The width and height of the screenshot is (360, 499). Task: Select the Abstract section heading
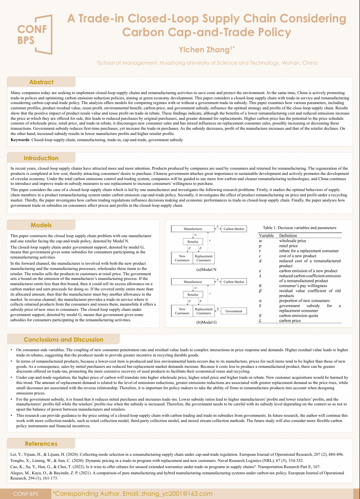[x=41, y=82]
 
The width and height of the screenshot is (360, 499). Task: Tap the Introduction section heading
[x=41, y=158]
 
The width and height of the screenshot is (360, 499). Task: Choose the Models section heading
[x=41, y=225]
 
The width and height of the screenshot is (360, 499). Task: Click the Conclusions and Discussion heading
[x=63, y=339]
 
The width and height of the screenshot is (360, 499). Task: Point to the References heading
[x=41, y=443]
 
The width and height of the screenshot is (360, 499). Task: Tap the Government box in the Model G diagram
[x=233, y=311]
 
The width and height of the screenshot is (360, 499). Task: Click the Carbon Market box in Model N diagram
[x=233, y=229]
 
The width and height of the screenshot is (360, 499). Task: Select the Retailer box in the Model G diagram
[x=193, y=295]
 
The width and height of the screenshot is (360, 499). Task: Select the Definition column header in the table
[x=288, y=236]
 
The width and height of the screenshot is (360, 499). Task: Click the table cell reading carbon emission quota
[x=298, y=315]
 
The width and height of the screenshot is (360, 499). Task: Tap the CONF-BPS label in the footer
[x=26, y=494]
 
